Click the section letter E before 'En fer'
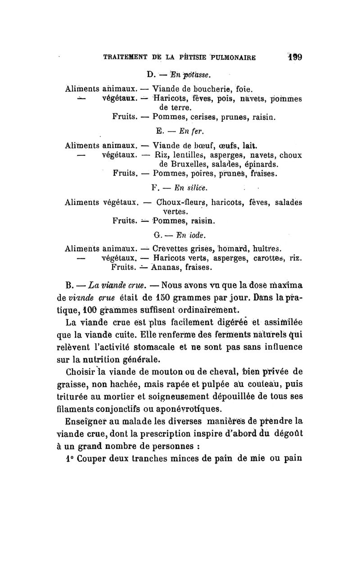[x=159, y=131]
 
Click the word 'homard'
[x=238, y=248]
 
